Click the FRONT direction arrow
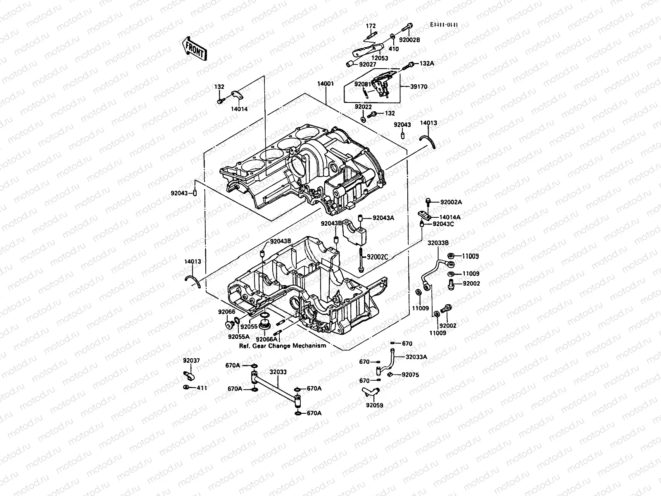(x=194, y=49)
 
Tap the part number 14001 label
(x=326, y=83)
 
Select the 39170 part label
(x=419, y=87)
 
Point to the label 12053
(x=380, y=58)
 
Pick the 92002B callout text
(x=409, y=41)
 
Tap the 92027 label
(x=368, y=64)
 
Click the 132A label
(x=427, y=64)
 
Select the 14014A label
(x=450, y=217)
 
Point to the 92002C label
(x=378, y=257)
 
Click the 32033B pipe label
(x=438, y=243)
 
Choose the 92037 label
(x=192, y=360)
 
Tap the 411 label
(x=202, y=388)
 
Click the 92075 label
(x=410, y=375)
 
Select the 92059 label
(x=374, y=405)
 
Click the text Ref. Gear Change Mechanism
(x=283, y=346)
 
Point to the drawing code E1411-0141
(x=444, y=25)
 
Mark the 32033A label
(x=416, y=357)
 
